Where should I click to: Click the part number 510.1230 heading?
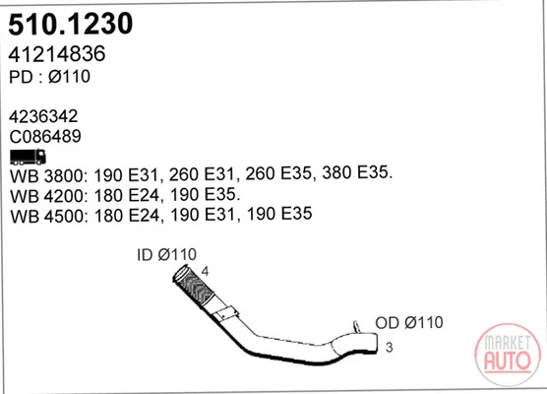pyautogui.click(x=71, y=24)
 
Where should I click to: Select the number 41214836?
pyautogui.click(x=57, y=54)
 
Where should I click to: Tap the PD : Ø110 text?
pyautogui.click(x=49, y=77)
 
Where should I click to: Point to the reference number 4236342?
pyautogui.click(x=43, y=116)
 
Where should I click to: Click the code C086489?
pyautogui.click(x=45, y=136)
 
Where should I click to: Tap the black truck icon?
pyautogui.click(x=28, y=157)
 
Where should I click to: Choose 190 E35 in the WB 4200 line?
pyautogui.click(x=204, y=194)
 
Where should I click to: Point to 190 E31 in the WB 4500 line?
pyautogui.click(x=203, y=214)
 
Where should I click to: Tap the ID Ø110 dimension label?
pyautogui.click(x=166, y=255)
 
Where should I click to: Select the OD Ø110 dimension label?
pyautogui.click(x=409, y=322)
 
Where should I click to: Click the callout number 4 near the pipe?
pyautogui.click(x=205, y=272)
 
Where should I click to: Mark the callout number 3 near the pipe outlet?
pyautogui.click(x=390, y=347)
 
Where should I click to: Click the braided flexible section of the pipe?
pyautogui.click(x=195, y=287)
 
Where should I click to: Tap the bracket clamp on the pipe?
pyautogui.click(x=226, y=312)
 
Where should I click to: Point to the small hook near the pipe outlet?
pyautogui.click(x=356, y=327)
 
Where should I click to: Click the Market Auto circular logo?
pyautogui.click(x=508, y=355)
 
